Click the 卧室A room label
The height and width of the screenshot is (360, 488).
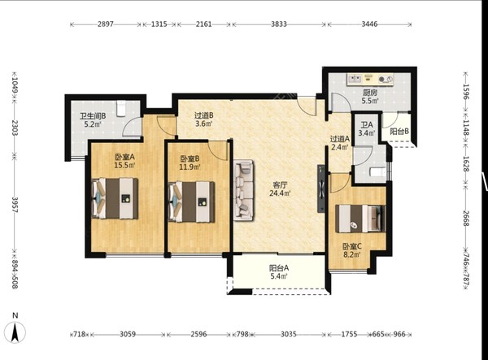[124, 157]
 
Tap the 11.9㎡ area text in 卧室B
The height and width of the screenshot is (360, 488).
[190, 167]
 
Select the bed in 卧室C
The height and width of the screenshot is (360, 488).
[360, 219]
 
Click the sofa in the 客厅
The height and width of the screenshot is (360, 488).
[244, 190]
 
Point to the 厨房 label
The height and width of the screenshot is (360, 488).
[370, 93]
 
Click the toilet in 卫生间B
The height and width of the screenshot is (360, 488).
[120, 108]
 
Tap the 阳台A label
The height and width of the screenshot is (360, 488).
[279, 267]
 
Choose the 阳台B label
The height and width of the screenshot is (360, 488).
[399, 132]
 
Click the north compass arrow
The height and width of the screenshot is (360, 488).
[15, 332]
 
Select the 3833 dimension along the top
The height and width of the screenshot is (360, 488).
[278, 24]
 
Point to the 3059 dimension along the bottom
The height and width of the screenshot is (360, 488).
[128, 334]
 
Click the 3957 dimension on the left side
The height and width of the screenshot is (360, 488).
[15, 205]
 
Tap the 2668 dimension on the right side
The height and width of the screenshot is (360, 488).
[466, 219]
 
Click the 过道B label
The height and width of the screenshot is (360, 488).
[204, 115]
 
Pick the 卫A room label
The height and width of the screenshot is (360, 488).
[367, 125]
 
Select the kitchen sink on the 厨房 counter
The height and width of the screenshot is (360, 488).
[355, 78]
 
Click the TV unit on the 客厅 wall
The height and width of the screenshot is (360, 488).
[321, 189]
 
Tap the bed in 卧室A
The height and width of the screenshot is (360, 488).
[115, 198]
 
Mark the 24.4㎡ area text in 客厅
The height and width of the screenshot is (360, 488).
[280, 193]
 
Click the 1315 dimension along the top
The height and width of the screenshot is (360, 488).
[159, 24]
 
